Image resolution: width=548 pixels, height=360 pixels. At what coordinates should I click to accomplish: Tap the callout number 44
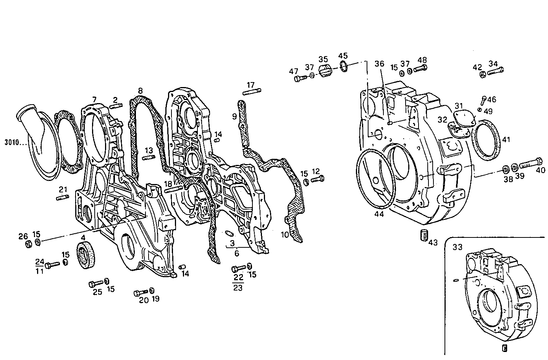pos(379,215)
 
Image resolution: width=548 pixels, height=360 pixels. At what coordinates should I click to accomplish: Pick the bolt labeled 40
pos(532,163)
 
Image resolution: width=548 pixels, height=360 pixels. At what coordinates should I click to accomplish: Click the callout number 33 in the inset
pos(457,247)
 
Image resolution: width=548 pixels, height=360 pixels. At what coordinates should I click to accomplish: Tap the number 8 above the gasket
pos(140,91)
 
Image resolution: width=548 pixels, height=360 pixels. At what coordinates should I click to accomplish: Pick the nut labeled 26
pos(28,244)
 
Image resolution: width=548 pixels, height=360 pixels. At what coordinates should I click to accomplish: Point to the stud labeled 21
pos(62,197)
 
